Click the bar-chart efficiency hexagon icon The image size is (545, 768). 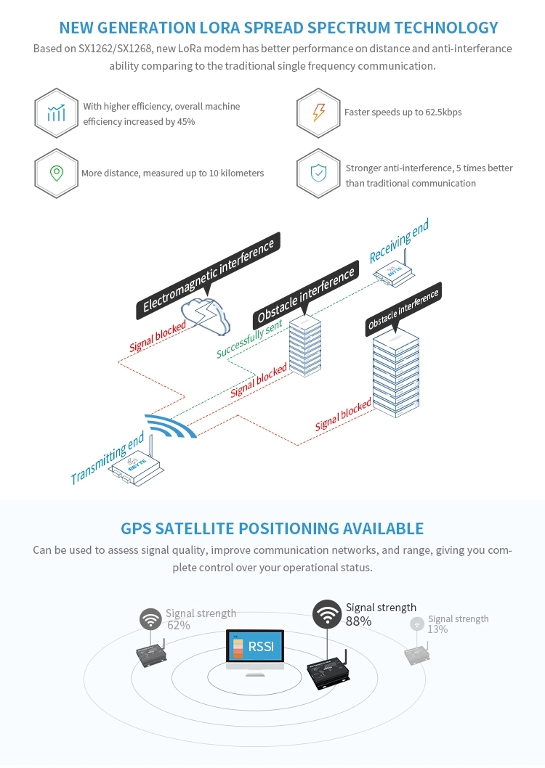click(56, 113)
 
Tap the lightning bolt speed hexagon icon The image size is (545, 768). click(318, 113)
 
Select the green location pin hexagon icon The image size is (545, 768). click(56, 173)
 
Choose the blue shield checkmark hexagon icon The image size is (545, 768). click(318, 173)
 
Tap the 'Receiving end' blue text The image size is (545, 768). click(399, 242)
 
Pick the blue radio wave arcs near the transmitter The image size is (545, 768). click(171, 426)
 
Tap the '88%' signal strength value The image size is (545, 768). click(358, 621)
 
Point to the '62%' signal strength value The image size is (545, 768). click(179, 625)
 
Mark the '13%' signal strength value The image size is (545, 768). click(437, 629)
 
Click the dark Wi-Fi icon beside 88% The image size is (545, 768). click(327, 614)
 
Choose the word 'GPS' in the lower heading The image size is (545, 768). click(137, 528)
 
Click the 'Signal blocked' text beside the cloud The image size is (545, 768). click(158, 336)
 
